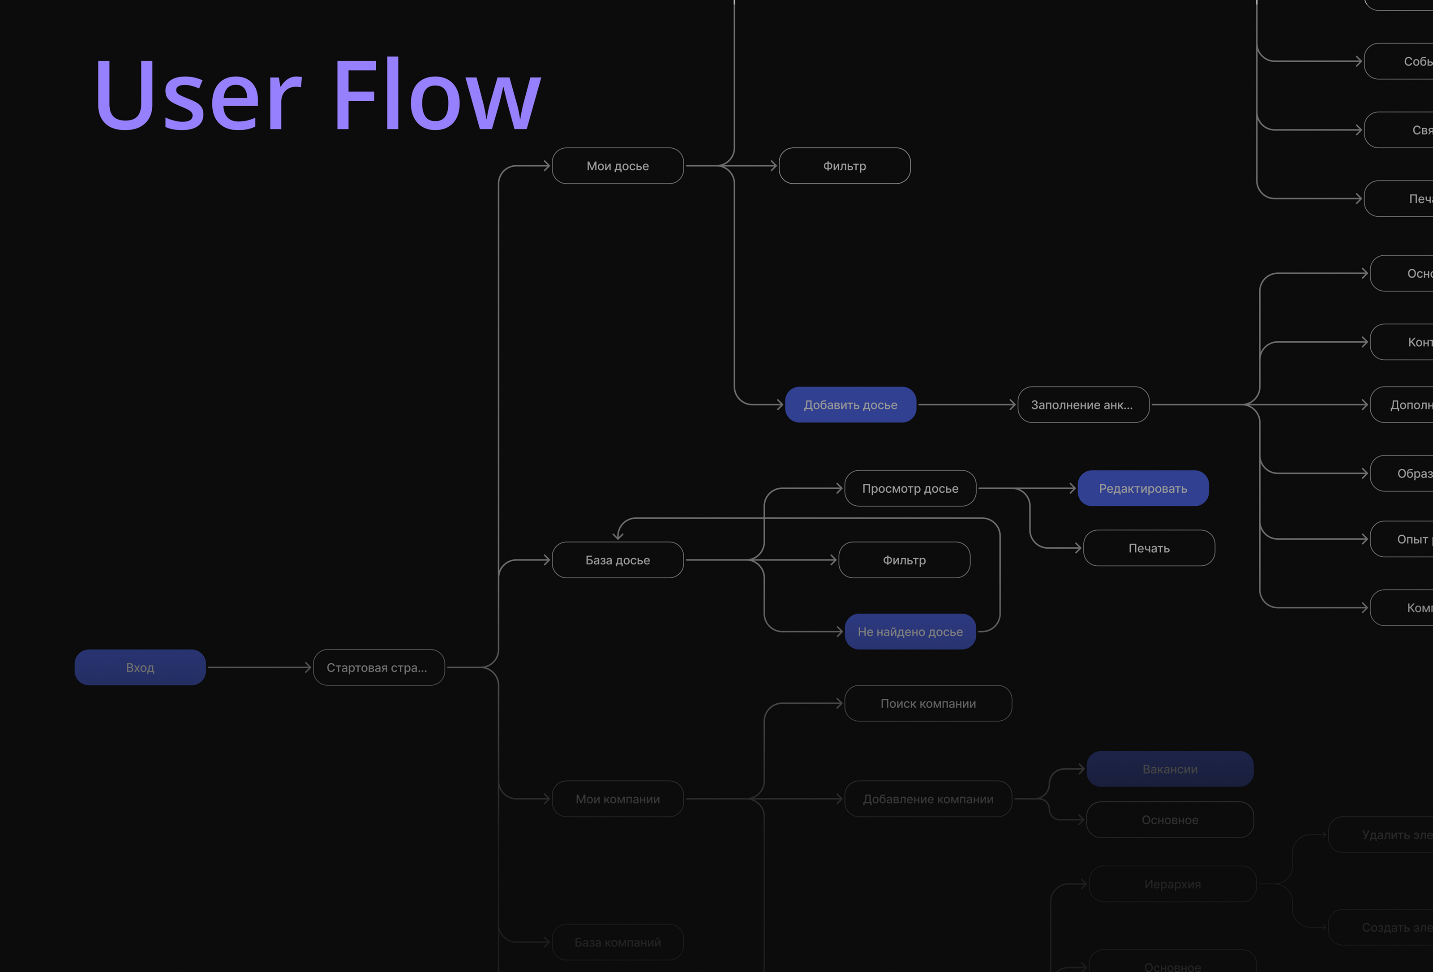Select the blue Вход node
(x=140, y=667)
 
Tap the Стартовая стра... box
(x=378, y=667)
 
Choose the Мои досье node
(x=617, y=166)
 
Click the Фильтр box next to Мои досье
(x=844, y=166)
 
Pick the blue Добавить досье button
(x=850, y=404)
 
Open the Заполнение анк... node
(x=1083, y=404)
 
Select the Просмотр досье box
(x=910, y=489)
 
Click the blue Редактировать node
(x=1142, y=489)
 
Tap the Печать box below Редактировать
(x=1149, y=548)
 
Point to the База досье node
(x=617, y=560)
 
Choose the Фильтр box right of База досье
(x=904, y=560)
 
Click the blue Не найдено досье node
(x=910, y=632)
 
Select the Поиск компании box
(x=928, y=703)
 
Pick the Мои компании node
(x=617, y=799)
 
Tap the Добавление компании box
(x=928, y=799)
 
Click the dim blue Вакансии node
(x=1170, y=769)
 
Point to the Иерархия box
(x=1172, y=884)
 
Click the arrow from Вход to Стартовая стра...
(x=259, y=667)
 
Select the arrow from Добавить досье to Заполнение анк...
(x=966, y=404)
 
